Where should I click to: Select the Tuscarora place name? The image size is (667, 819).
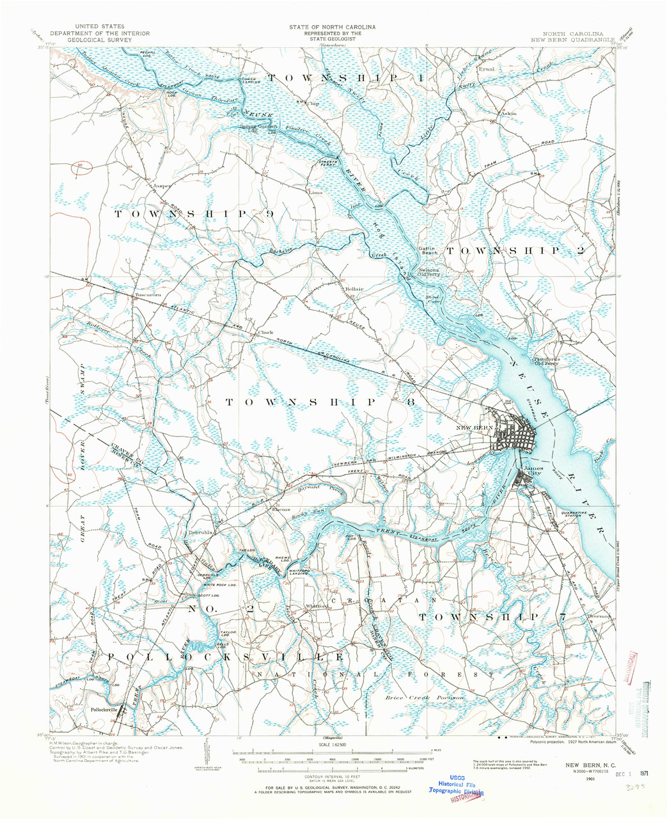(148, 295)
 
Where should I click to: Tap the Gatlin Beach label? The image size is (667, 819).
(428, 251)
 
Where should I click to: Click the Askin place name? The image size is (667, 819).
(508, 115)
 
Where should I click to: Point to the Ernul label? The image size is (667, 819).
(505, 68)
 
